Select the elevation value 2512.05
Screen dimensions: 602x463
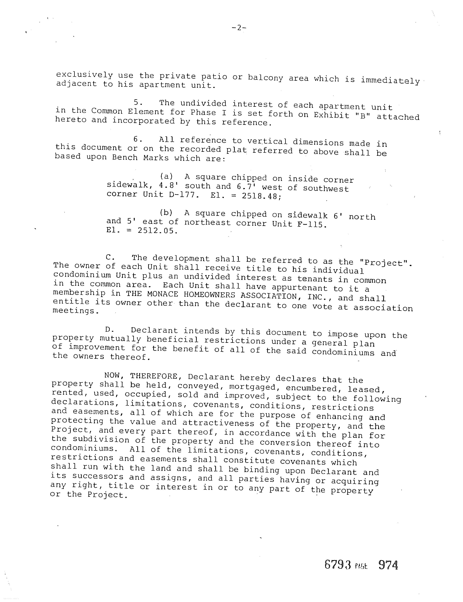coord(157,230)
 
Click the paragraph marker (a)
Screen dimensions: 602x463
coord(166,176)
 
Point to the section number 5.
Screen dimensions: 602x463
coord(138,103)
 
